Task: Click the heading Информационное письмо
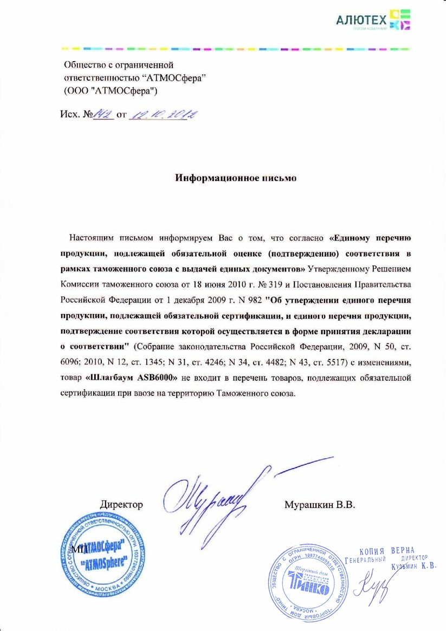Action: point(236,178)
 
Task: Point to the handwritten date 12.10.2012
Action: point(161,114)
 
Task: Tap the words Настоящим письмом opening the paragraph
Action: point(111,238)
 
